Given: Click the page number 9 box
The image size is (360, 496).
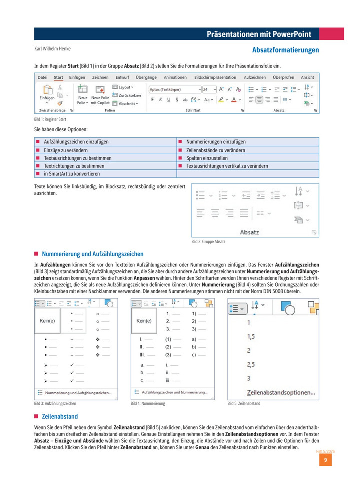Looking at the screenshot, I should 325,460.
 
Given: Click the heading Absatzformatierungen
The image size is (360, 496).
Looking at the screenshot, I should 285,50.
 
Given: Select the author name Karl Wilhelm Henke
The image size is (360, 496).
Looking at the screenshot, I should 52,49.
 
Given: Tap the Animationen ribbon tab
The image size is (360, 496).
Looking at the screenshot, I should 175,77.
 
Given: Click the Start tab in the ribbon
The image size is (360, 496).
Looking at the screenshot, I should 58,77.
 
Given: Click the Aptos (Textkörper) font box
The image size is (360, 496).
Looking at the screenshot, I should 173,89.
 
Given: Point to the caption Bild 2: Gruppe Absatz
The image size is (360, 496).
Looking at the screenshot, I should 208,242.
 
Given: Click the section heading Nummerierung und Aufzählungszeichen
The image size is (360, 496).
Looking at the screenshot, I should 92,254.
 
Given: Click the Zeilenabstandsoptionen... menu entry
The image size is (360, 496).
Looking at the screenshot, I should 281,392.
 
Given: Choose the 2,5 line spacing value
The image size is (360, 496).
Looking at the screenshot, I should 251,364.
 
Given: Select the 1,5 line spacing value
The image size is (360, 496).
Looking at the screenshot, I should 251,337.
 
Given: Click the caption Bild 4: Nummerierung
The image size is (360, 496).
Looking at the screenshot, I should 148,403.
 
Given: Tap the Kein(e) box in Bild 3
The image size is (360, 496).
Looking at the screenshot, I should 47,321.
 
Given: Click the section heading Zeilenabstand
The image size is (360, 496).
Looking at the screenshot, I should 60,416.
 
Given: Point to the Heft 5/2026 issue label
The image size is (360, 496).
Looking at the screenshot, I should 325,451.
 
